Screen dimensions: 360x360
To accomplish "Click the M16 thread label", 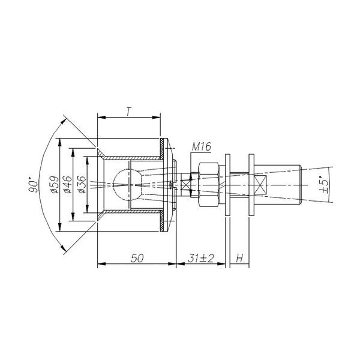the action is pos(202,147).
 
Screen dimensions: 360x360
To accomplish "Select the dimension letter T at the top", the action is pos(129,112).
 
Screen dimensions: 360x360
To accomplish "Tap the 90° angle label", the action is pos(33,185).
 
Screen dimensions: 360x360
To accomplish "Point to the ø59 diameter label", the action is pos(55,185).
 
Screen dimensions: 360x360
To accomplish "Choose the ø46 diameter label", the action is pos(68,185).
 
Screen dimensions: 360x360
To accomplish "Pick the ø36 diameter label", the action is pos(82,185).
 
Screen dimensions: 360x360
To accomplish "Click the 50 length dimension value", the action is pos(137,258).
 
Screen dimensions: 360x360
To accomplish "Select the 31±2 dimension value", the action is pos(200,258).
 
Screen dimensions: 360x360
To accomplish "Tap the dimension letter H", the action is pos(239,259).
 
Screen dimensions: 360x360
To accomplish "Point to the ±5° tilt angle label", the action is pos(324,184).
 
